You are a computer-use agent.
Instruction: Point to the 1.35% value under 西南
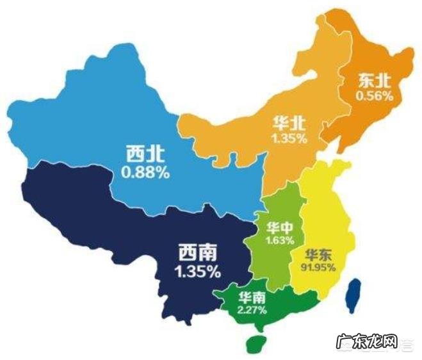pyautogui.click(x=197, y=271)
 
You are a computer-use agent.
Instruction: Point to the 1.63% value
pyautogui.click(x=280, y=240)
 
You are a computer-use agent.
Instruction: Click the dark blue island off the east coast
pyautogui.click(x=352, y=296)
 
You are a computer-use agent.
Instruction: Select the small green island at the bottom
pyautogui.click(x=257, y=344)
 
